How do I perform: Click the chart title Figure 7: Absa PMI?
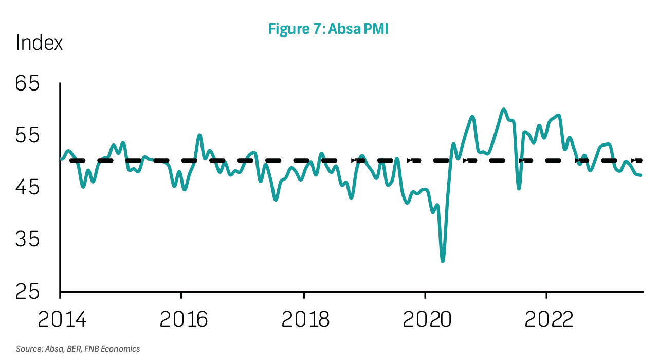point(328,29)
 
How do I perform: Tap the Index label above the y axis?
point(39,43)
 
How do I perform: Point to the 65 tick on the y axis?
point(27,83)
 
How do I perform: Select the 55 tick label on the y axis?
point(27,136)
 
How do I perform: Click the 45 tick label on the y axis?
point(27,188)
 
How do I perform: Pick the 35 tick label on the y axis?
point(27,240)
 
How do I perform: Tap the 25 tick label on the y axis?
point(27,292)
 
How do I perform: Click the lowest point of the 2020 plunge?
point(443,261)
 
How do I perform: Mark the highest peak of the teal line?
point(504,109)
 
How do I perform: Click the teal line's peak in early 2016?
point(199,135)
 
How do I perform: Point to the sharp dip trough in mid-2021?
point(519,188)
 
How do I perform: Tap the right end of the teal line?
point(641,175)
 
